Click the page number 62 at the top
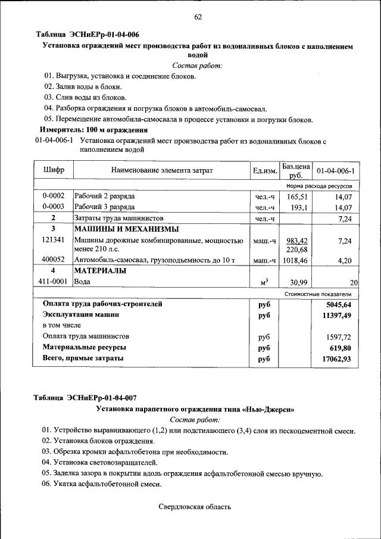(x=198, y=17)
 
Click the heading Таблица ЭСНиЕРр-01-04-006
(x=88, y=35)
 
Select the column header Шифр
(x=54, y=170)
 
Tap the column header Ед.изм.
(x=265, y=171)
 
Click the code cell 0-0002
(x=54, y=196)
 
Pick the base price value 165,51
(x=296, y=196)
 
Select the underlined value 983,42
(x=296, y=241)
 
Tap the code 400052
(x=54, y=260)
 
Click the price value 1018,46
(x=295, y=260)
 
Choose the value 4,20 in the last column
(x=345, y=260)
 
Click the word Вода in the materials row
(x=83, y=282)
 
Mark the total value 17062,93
(x=336, y=359)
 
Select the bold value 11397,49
(x=336, y=315)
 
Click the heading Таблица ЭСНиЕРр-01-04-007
(x=88, y=398)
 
